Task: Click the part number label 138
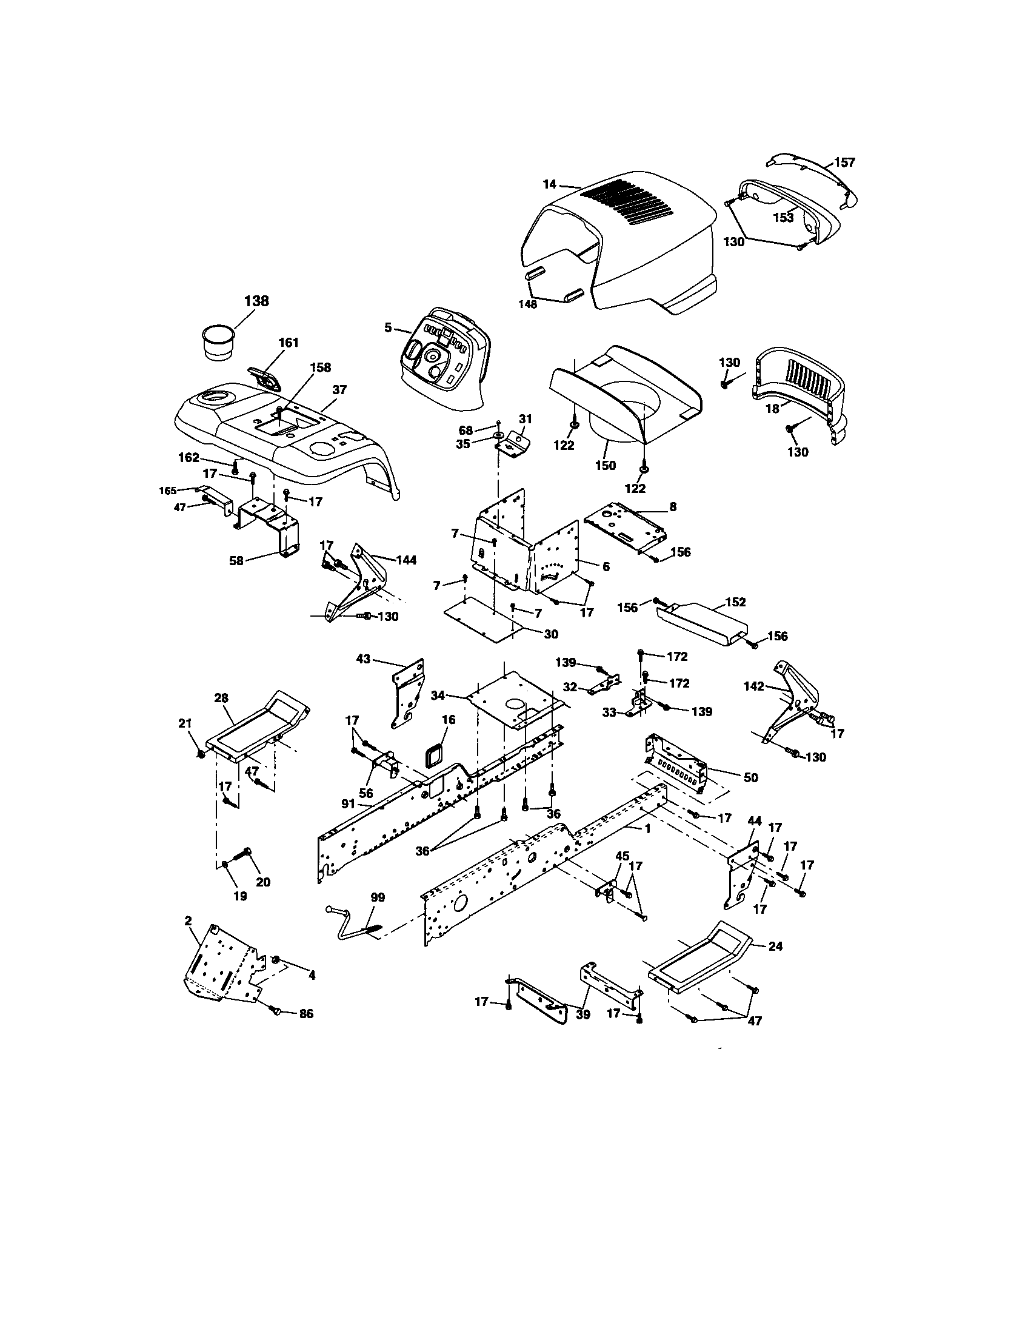tap(256, 301)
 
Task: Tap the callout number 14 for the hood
tap(549, 183)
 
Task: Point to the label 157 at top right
tap(845, 163)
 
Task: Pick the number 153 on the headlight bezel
tap(784, 217)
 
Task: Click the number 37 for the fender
tap(339, 390)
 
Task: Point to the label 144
tap(406, 560)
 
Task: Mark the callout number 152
tap(736, 602)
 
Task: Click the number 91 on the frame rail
tap(348, 804)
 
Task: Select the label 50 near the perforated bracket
tap(750, 777)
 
